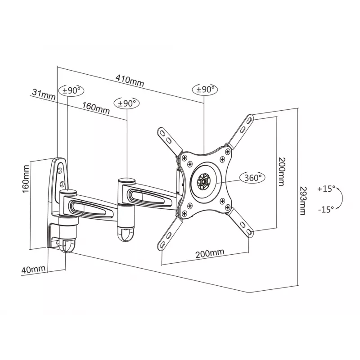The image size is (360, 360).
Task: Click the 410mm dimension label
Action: pos(130,81)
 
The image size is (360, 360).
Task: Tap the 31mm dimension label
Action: pos(44,94)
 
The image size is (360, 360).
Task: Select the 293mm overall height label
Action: pos(303,200)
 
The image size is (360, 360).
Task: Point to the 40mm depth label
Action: pos(33,269)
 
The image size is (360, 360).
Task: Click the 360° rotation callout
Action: pos(252,177)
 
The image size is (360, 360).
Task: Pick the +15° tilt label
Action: pos(326,189)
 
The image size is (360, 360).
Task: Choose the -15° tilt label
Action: pos(326,209)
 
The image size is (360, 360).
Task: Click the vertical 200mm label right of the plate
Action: pos(282,171)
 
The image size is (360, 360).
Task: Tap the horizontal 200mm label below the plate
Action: pos(210,253)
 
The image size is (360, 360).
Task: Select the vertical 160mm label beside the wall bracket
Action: pos(26,179)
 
